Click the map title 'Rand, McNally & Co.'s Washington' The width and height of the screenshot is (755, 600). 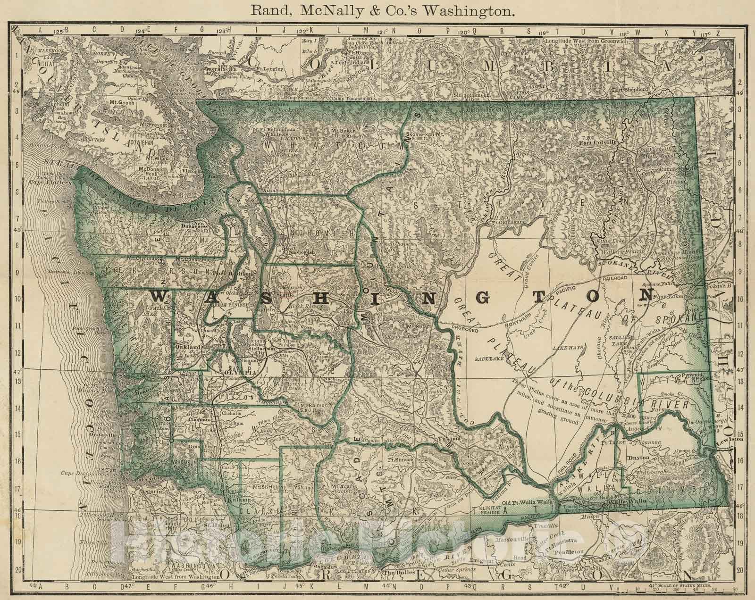click(377, 11)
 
